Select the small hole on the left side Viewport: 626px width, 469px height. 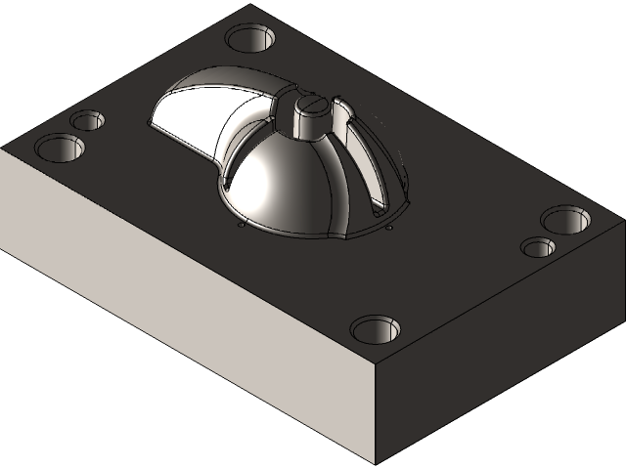pyautogui.click(x=87, y=120)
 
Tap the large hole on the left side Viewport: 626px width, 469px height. pyautogui.click(x=60, y=149)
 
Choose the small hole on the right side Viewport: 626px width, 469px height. pyautogui.click(x=537, y=246)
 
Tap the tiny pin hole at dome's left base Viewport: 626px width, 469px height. pyautogui.click(x=242, y=226)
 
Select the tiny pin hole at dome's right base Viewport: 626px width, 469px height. pyautogui.click(x=389, y=229)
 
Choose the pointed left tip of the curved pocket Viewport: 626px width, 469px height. pyautogui.click(x=149, y=123)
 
